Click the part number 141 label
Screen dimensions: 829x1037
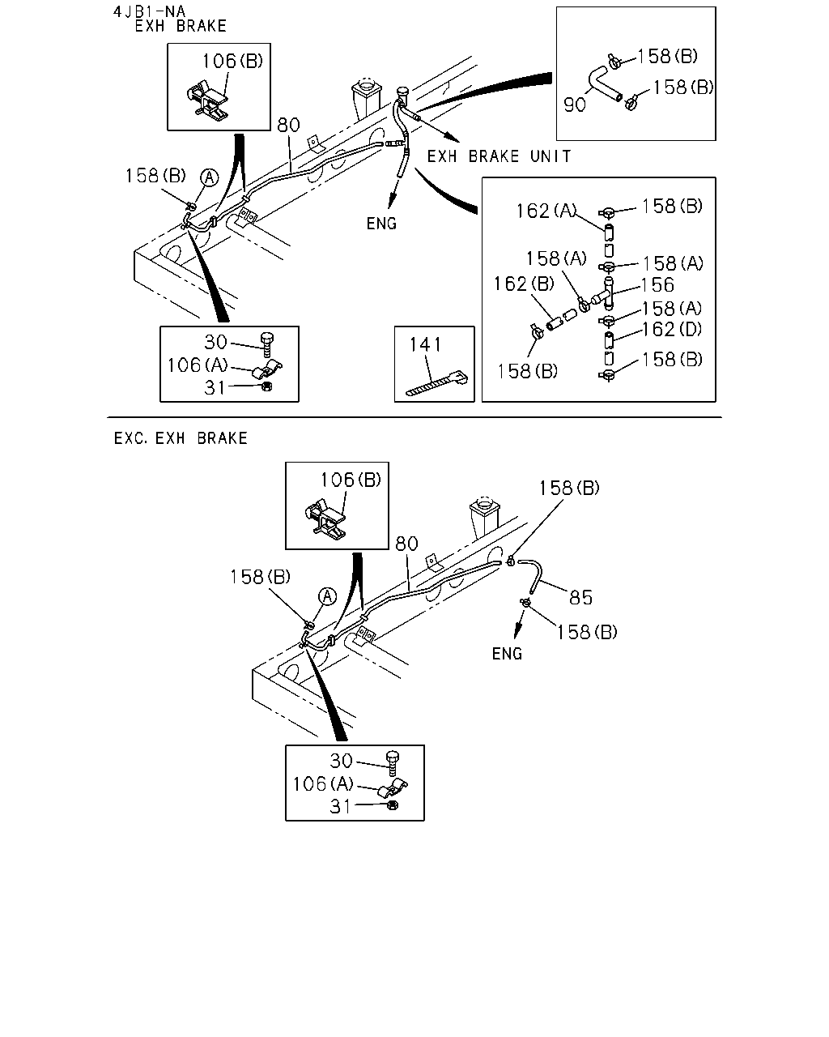click(425, 344)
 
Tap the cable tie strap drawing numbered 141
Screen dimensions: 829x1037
click(436, 383)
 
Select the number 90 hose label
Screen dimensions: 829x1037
click(575, 105)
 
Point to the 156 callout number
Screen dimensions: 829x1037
click(657, 285)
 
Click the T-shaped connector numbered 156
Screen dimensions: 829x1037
click(605, 293)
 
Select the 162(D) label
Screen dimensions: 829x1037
click(672, 330)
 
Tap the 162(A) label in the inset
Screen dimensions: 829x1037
click(546, 211)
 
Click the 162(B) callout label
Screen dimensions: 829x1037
click(524, 284)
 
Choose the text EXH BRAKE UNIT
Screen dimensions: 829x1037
click(499, 156)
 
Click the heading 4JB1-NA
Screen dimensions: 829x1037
click(149, 11)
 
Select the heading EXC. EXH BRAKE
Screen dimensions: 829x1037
click(181, 438)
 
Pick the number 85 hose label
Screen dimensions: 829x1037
click(580, 598)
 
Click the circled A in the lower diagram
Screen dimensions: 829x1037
click(328, 596)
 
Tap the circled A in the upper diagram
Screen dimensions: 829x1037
click(210, 177)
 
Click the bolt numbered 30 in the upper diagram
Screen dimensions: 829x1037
click(267, 344)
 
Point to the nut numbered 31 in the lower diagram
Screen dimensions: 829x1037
click(393, 805)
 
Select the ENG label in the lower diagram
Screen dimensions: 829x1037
click(507, 654)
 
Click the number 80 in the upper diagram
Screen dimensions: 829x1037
click(288, 126)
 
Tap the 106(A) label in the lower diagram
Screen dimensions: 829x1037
click(323, 784)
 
